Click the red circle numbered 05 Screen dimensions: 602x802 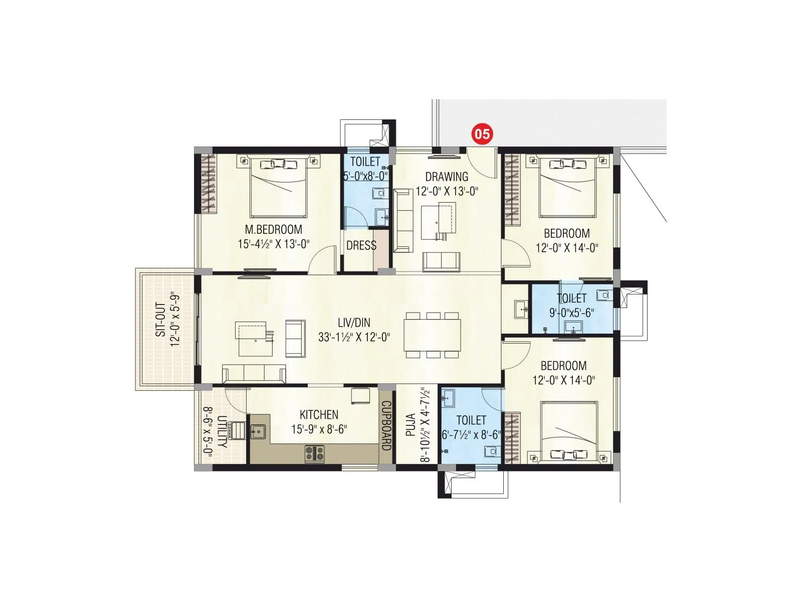(482, 134)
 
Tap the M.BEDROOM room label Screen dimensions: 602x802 (273, 230)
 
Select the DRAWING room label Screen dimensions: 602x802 (447, 177)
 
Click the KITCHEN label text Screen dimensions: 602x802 (319, 415)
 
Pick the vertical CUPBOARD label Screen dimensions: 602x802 (386, 425)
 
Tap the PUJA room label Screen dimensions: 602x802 (411, 424)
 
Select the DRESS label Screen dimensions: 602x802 (361, 245)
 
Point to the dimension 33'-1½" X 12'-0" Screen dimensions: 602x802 (354, 337)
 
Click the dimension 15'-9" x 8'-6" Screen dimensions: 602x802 (319, 429)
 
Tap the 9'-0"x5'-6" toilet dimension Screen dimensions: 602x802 (571, 313)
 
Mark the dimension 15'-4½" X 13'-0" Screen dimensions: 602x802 (274, 244)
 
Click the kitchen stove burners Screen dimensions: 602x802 (315, 454)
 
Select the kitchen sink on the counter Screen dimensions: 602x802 (259, 431)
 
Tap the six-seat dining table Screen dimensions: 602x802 (433, 335)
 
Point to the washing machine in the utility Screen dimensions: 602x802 (236, 429)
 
